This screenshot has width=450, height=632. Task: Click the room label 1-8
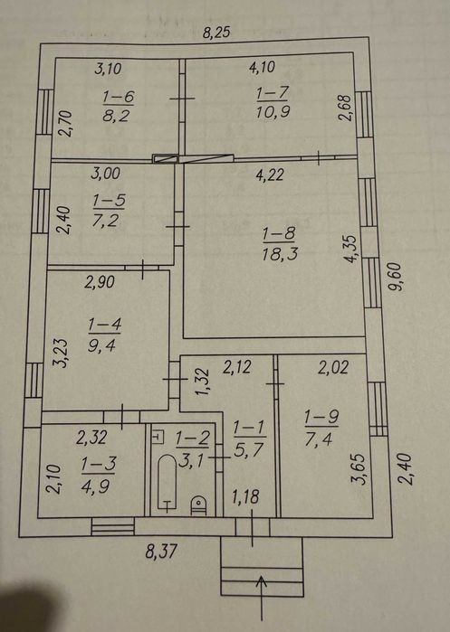(x=279, y=234)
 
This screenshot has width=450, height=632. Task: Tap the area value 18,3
(x=280, y=254)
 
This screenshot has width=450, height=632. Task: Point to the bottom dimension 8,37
(x=161, y=551)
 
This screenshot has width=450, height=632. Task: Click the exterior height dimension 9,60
(x=396, y=277)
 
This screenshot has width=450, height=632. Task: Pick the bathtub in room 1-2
(x=168, y=484)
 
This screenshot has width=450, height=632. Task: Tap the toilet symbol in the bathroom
(x=198, y=505)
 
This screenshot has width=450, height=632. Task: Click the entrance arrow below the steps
(x=263, y=598)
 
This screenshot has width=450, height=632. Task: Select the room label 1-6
(x=118, y=97)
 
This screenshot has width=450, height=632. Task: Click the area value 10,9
(x=273, y=111)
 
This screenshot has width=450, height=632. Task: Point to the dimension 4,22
(x=270, y=175)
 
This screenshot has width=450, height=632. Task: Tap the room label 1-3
(x=98, y=465)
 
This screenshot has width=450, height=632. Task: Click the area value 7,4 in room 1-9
(x=319, y=439)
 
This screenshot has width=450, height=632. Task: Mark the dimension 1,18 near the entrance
(x=245, y=496)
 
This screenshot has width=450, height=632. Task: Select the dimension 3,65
(x=358, y=469)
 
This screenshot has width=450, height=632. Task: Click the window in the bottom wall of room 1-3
(x=113, y=526)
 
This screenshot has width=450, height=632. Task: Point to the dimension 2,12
(x=237, y=366)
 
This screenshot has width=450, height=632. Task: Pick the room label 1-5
(x=109, y=201)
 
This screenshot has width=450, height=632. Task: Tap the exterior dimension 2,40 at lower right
(x=406, y=468)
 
